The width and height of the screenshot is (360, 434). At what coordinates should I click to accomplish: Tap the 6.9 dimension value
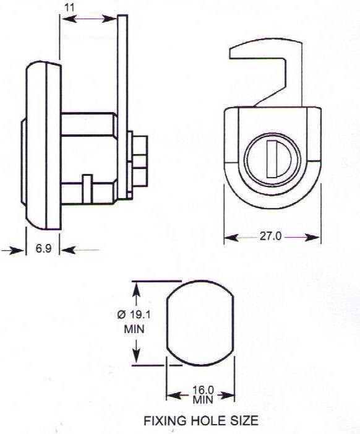click(43, 249)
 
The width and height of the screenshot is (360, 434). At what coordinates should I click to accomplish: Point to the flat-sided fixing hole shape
click(201, 325)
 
